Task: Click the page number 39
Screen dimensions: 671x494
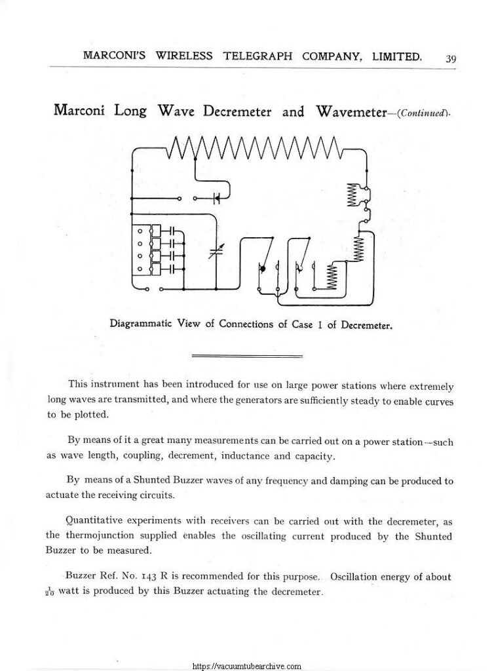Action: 451,59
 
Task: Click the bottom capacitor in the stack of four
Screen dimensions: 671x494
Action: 172,267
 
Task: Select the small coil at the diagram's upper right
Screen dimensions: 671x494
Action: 351,194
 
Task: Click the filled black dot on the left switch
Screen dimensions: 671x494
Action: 262,268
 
